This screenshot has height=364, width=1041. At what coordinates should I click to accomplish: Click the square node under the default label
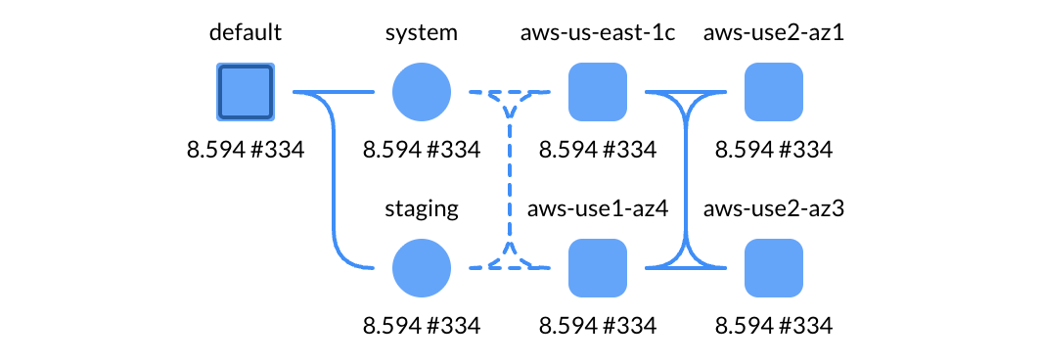[246, 92]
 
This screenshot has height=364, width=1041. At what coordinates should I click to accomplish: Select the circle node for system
[422, 92]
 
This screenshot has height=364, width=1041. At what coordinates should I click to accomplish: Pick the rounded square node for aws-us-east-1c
[598, 92]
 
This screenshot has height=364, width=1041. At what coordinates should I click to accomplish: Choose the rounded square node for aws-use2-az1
[774, 92]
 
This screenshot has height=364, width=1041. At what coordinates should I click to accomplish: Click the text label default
[246, 33]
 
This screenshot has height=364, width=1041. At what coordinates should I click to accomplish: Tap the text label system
[422, 33]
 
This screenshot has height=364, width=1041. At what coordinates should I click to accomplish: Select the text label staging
[422, 208]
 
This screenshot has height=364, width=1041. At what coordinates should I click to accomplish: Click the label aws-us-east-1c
[598, 33]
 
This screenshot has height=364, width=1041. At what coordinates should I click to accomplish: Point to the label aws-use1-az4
[598, 208]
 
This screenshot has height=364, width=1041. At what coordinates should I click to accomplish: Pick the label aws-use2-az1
[774, 33]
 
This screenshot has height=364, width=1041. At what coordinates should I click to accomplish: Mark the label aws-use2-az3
[774, 208]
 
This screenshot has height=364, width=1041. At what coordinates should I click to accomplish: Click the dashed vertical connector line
[510, 180]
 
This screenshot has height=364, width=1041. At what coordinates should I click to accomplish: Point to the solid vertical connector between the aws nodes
[686, 180]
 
